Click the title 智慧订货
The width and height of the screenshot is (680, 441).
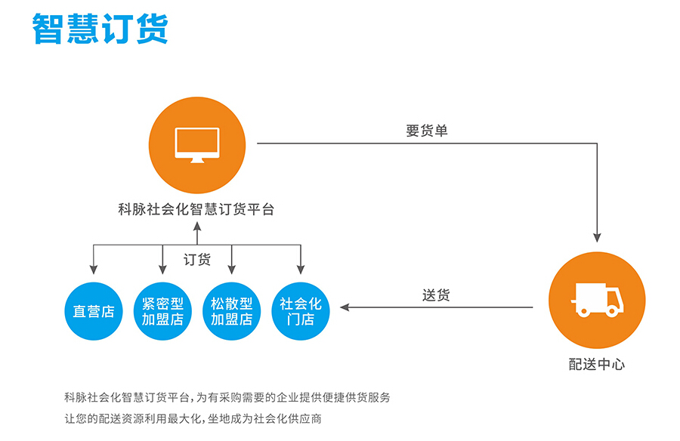pos(100,28)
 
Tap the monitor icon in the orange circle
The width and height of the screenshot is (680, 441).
pos(197,144)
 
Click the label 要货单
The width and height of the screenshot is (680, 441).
pos(427,131)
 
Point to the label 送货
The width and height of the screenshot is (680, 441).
pos(436,295)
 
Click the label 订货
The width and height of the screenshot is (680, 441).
pos(197,260)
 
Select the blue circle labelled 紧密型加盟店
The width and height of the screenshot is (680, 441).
pos(162,311)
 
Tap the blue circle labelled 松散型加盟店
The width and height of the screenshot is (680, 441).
pos(231,311)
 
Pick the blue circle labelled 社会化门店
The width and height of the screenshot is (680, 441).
pos(301,311)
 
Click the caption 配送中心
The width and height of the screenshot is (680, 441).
pos(597,364)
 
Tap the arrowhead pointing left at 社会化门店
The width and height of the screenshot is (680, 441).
pos(345,307)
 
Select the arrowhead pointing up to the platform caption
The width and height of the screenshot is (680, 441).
pos(197,226)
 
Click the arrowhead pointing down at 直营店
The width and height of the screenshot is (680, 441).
pos(94,269)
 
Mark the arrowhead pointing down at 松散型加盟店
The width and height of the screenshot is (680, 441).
pos(231,269)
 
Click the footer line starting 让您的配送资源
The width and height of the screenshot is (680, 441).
pos(193,418)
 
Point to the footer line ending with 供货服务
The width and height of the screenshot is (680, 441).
pos(227,396)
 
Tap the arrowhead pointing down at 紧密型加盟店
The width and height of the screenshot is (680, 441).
pos(162,269)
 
